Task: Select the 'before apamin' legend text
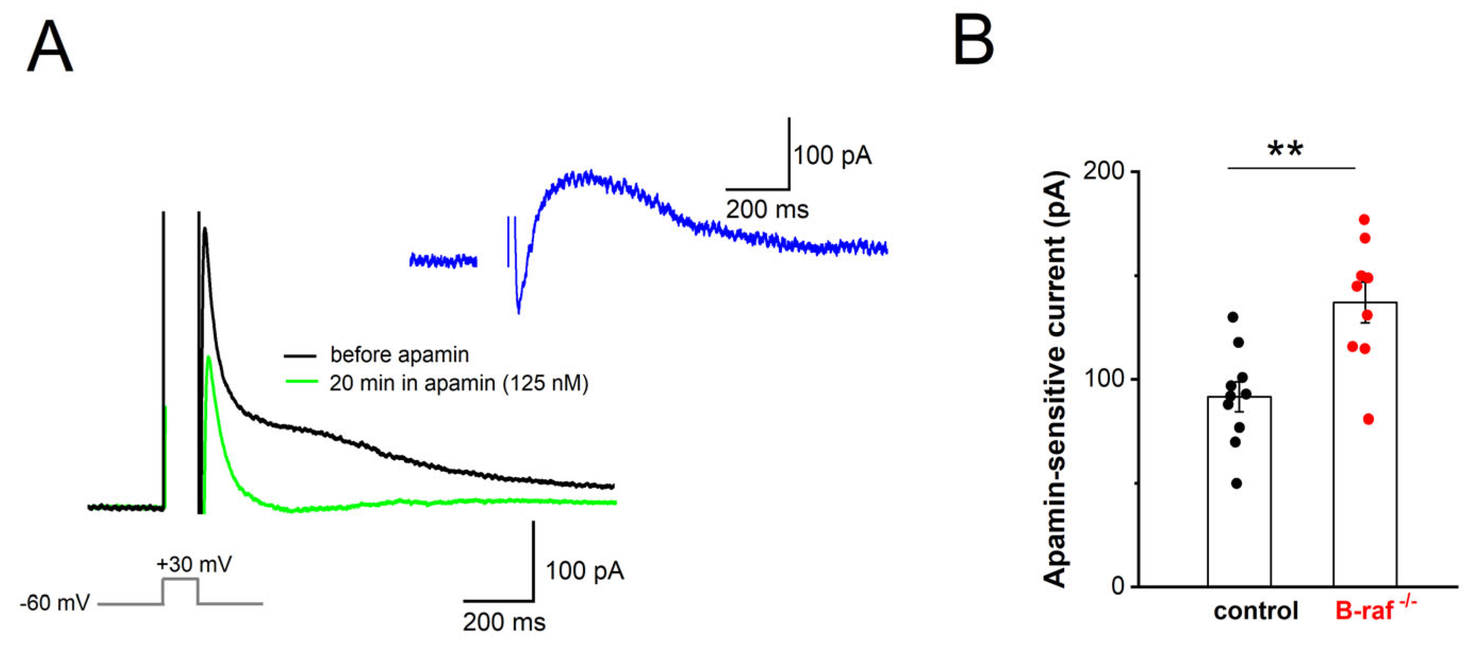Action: [x=399, y=355]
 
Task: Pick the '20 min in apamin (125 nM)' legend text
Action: [x=459, y=383]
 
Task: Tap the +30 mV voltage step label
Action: [x=194, y=564]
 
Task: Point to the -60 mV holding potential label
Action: [x=54, y=603]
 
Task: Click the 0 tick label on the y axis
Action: [x=1118, y=586]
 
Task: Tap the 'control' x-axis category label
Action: [x=1256, y=611]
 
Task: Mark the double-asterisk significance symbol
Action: [x=1286, y=150]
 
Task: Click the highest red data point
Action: [x=1364, y=220]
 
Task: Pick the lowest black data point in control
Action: [x=1237, y=484]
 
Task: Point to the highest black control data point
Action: [x=1233, y=317]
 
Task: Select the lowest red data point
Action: [x=1369, y=420]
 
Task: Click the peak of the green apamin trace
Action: [x=209, y=357]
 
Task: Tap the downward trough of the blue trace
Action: [x=518, y=312]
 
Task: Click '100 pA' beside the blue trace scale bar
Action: [x=832, y=156]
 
